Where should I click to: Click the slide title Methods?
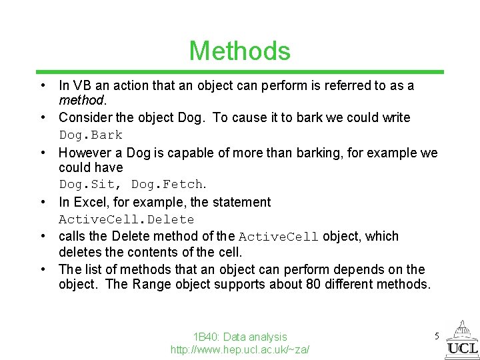point(239,51)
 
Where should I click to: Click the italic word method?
point(81,100)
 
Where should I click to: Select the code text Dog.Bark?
point(91,135)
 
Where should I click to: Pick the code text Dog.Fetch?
point(167,184)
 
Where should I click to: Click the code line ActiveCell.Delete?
point(127,219)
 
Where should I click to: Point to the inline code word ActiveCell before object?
point(279,237)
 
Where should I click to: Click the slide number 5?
point(437,336)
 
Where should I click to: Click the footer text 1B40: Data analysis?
point(240,337)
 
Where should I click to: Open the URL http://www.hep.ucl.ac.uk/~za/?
point(240,349)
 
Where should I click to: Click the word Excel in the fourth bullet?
point(89,202)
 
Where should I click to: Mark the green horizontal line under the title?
point(240,71)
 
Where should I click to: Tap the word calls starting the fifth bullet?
point(73,236)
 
